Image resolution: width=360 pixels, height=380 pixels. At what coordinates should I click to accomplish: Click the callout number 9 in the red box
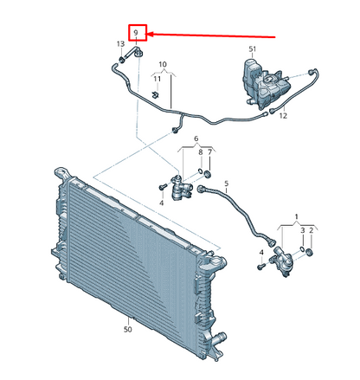(x=136, y=33)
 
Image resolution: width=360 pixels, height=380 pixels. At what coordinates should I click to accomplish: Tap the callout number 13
(x=120, y=44)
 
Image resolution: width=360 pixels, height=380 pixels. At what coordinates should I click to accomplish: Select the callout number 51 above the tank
(x=253, y=49)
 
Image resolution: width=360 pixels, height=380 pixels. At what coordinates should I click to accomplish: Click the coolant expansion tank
(x=266, y=84)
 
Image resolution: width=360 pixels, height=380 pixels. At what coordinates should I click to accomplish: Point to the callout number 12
(x=283, y=116)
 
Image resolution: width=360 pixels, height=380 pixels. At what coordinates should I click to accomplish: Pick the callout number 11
(x=157, y=79)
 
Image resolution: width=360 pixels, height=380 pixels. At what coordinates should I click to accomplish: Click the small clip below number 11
(x=156, y=94)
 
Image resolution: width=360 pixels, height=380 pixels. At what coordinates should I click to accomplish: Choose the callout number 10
(x=163, y=64)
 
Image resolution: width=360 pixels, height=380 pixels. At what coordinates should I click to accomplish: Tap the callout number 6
(x=196, y=138)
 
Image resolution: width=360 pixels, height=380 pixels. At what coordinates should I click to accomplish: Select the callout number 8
(x=201, y=152)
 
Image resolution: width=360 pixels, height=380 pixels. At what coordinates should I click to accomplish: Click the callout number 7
(x=209, y=152)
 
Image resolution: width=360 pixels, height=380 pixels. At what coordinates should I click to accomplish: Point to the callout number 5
(x=227, y=184)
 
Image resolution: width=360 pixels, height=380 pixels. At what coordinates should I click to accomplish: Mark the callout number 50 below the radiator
(x=128, y=329)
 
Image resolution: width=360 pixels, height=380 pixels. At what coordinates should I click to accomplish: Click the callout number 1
(x=296, y=216)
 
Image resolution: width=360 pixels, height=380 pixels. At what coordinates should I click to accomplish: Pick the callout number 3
(x=302, y=230)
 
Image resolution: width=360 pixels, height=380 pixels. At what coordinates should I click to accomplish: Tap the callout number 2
(x=311, y=230)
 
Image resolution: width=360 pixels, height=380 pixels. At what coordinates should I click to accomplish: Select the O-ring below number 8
(x=200, y=172)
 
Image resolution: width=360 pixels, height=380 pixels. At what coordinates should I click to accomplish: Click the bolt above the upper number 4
(x=162, y=187)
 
